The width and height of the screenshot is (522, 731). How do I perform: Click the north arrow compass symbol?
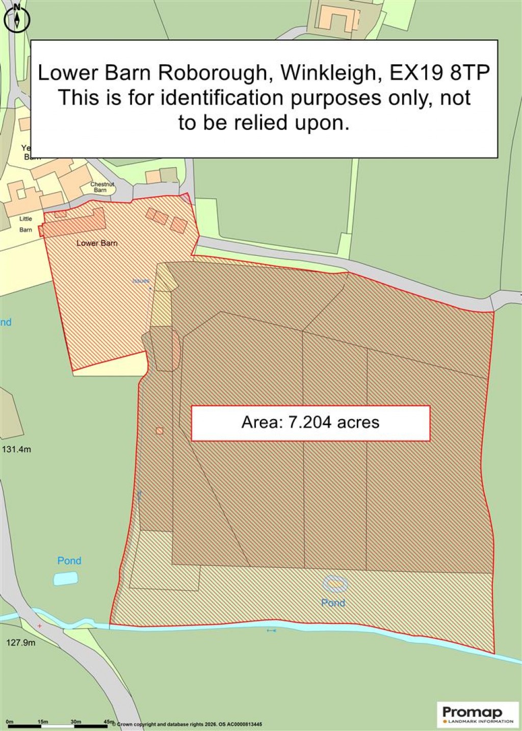[x=17, y=20]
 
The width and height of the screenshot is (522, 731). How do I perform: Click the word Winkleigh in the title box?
[x=328, y=72]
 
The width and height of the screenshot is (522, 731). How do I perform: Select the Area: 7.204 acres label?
[x=310, y=423]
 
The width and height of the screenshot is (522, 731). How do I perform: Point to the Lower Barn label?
[x=97, y=243]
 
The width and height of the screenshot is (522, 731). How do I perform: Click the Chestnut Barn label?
[x=101, y=187]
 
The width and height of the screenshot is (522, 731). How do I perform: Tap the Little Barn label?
[x=25, y=224]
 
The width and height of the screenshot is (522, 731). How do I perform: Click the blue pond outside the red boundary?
[x=66, y=578]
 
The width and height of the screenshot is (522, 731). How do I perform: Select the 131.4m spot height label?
[x=17, y=450]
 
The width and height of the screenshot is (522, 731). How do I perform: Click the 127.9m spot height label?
[x=21, y=643]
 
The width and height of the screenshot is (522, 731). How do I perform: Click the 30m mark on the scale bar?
[x=75, y=722]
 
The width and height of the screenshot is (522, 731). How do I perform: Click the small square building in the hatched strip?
[x=160, y=431]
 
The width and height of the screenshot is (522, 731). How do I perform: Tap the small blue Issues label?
[x=141, y=281]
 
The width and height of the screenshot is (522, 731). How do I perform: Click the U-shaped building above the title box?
[x=336, y=19]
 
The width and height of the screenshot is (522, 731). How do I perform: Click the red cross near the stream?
[x=40, y=625]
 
